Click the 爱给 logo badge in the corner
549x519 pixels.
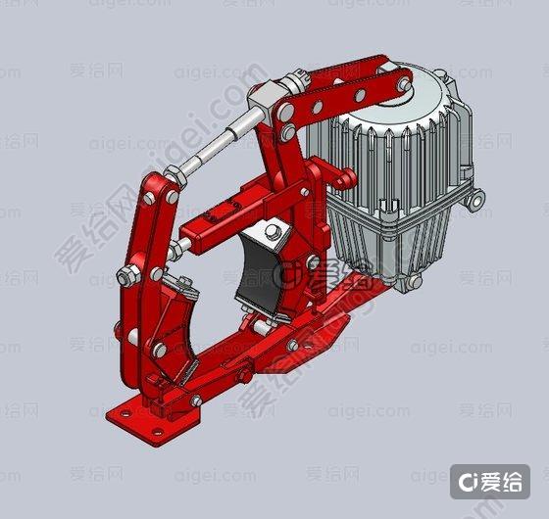click(x=490, y=481)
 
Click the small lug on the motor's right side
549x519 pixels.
click(x=477, y=202)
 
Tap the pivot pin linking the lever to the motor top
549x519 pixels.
click(x=402, y=86)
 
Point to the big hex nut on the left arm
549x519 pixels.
click(x=126, y=277)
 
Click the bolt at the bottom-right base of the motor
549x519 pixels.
click(x=414, y=281)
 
